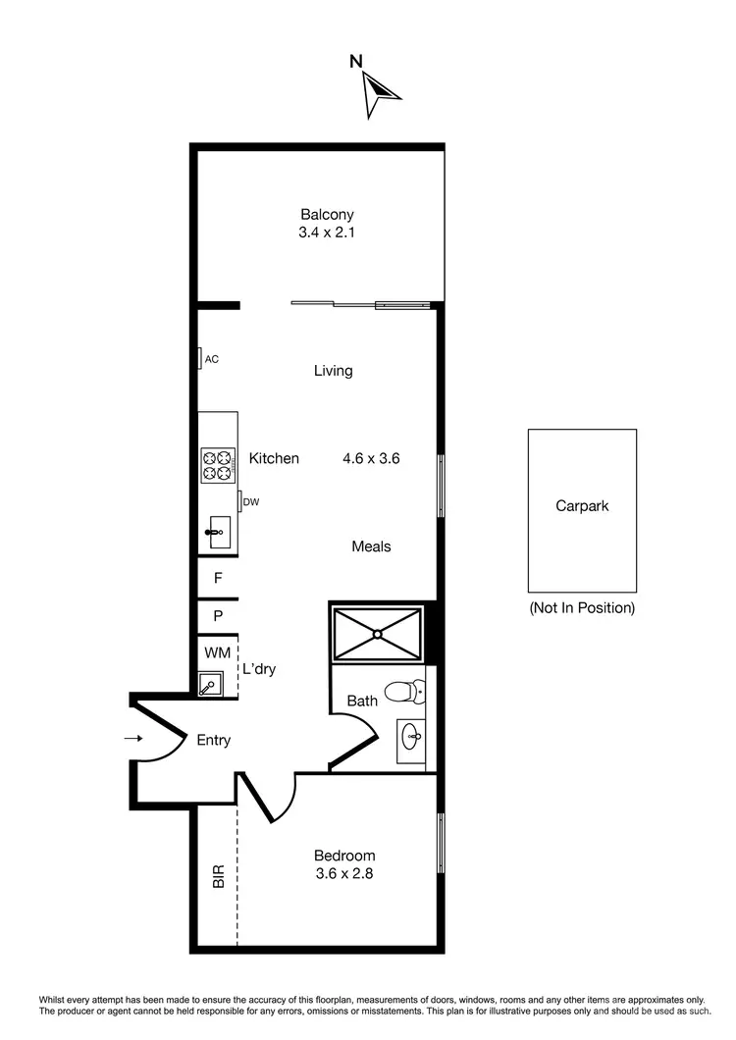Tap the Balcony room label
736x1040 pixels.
pyautogui.click(x=327, y=214)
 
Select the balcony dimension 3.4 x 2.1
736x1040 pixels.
pyautogui.click(x=327, y=234)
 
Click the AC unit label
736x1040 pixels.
pyautogui.click(x=211, y=359)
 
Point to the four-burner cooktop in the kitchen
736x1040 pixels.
pyautogui.click(x=218, y=464)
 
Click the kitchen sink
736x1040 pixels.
pyautogui.click(x=216, y=533)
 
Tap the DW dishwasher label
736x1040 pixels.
pyautogui.click(x=251, y=502)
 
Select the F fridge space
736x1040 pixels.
pyautogui.click(x=218, y=578)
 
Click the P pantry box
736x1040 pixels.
pyautogui.click(x=218, y=616)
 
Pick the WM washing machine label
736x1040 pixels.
pyautogui.click(x=217, y=652)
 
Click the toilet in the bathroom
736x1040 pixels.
pyautogui.click(x=401, y=693)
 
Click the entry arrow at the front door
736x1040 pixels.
pyautogui.click(x=135, y=739)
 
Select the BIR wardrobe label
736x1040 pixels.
pyautogui.click(x=219, y=875)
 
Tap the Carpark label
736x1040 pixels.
pyautogui.click(x=582, y=506)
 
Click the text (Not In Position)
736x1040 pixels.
pyautogui.click(x=582, y=607)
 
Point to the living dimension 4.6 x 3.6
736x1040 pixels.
pyautogui.click(x=370, y=458)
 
